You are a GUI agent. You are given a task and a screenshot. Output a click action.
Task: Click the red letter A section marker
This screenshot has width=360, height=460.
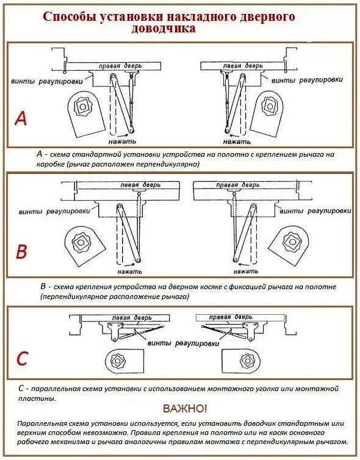[x=21, y=118]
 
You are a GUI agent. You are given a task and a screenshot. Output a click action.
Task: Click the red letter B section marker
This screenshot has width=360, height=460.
[x=21, y=252]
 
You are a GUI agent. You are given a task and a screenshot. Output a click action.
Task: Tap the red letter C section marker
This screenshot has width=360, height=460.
[x=23, y=358]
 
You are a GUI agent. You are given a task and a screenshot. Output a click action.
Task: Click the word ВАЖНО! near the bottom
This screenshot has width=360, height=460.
[x=185, y=408]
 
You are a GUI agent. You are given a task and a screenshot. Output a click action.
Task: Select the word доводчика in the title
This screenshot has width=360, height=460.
[x=163, y=29]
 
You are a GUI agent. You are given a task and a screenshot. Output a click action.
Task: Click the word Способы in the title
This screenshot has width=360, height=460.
[x=68, y=16]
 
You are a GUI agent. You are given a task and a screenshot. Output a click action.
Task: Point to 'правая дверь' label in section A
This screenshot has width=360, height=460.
[x=120, y=66]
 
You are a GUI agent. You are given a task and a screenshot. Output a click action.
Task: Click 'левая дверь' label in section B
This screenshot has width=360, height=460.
[x=140, y=185]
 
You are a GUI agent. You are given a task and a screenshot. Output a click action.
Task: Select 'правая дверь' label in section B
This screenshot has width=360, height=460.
[x=237, y=185]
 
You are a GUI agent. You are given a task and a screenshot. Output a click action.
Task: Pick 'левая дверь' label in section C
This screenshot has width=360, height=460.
[x=132, y=318]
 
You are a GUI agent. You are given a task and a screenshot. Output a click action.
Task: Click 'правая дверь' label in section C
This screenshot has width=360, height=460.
[x=230, y=317]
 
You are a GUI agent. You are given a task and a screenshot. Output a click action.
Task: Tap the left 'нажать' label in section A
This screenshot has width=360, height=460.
[x=122, y=142]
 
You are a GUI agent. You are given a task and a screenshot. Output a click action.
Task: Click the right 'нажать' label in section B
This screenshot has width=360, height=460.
[x=246, y=271]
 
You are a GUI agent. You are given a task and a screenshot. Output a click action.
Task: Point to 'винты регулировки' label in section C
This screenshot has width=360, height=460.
[x=184, y=343]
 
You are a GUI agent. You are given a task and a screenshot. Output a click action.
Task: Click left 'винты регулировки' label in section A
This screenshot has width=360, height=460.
[x=47, y=81]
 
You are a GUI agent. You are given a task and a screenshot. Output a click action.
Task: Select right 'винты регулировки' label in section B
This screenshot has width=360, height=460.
[x=315, y=211]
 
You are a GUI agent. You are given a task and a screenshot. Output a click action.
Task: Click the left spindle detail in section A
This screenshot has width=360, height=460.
[x=85, y=113]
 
